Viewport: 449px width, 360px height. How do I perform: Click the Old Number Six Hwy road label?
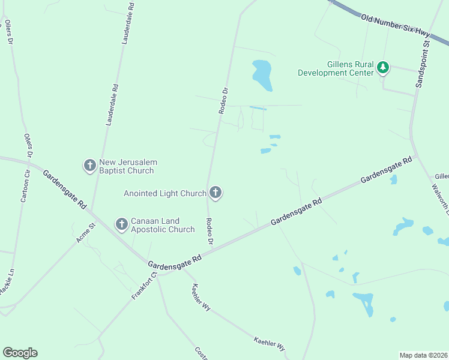click(x=396, y=27)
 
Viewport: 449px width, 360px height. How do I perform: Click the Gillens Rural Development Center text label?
click(x=336, y=68)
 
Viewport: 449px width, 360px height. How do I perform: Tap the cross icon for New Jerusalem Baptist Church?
click(x=90, y=165)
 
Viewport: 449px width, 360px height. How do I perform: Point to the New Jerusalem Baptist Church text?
click(x=127, y=166)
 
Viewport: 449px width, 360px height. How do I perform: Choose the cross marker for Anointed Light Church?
click(x=216, y=193)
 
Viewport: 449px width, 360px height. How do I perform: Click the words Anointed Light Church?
click(x=164, y=193)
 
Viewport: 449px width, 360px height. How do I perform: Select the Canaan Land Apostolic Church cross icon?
click(x=121, y=225)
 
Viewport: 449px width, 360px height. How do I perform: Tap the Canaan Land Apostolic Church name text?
click(x=156, y=225)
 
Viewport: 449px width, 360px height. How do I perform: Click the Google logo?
click(x=20, y=353)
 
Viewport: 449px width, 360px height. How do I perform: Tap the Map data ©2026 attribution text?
click(x=423, y=355)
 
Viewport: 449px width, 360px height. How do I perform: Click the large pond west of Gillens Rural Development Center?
click(x=262, y=74)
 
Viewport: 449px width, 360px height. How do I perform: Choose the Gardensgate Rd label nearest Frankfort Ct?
click(x=175, y=262)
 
